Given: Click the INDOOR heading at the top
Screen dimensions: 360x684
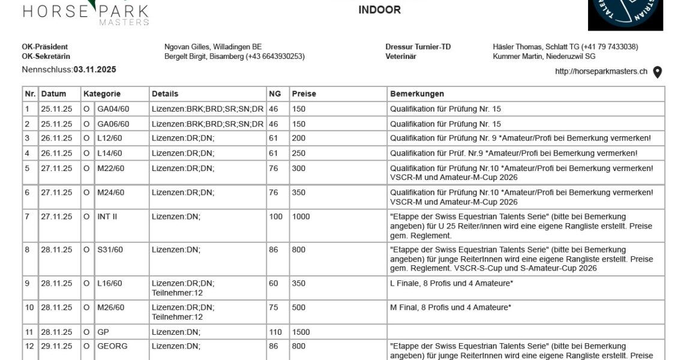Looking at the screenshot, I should [379, 10].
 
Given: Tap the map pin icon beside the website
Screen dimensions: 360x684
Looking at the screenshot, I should [658, 72].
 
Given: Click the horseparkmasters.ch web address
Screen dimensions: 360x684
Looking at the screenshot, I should [601, 71].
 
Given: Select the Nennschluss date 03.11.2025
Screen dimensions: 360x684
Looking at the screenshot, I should [95, 70].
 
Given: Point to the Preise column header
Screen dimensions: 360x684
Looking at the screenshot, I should [304, 94].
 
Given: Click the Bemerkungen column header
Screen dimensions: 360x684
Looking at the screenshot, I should [417, 94].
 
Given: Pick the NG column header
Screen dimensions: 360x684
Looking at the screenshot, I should [275, 94].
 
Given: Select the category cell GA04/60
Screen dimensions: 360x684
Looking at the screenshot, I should [113, 109].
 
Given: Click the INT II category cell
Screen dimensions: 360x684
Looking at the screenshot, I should [107, 217].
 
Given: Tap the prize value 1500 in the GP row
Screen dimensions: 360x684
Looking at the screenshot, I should [301, 332].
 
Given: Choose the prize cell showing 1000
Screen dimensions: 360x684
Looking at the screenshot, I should [301, 217].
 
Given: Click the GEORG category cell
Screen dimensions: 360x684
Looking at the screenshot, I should [112, 346].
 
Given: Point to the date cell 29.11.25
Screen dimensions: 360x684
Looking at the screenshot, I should [56, 346].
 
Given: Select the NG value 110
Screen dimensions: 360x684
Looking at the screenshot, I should [275, 332].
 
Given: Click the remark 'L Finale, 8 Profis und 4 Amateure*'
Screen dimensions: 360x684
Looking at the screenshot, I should [451, 283].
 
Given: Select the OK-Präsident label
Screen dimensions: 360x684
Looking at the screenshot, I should [44, 47].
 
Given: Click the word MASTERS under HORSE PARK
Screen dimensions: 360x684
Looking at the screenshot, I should [124, 22].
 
